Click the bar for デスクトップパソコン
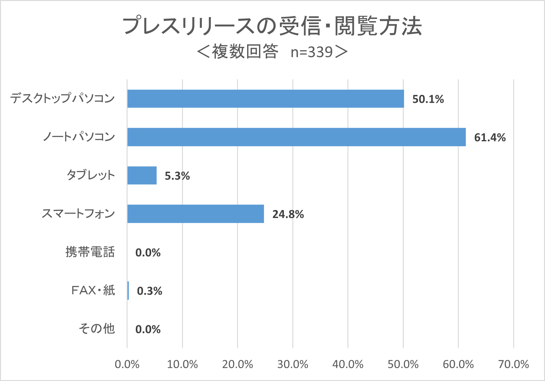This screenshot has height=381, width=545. [265, 99]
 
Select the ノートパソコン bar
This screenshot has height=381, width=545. [296, 137]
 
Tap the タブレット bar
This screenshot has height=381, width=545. [142, 176]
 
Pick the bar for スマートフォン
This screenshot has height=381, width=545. [195, 214]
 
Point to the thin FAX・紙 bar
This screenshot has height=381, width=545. [128, 290]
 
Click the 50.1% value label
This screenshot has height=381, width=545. [428, 99]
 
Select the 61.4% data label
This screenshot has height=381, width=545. [490, 138]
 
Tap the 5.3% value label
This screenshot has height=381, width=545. [177, 176]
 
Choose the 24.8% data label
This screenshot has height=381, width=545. [288, 214]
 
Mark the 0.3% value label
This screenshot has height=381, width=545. [149, 291]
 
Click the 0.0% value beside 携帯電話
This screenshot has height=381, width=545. [148, 253]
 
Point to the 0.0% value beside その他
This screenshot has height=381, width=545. [148, 329]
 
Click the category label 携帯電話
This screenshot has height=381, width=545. [90, 252]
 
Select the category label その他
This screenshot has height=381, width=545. [97, 329]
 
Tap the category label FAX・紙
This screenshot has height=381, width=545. [93, 290]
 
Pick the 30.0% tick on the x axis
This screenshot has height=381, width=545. [293, 364]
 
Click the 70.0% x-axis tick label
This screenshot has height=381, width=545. [513, 364]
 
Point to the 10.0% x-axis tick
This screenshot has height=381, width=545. [182, 364]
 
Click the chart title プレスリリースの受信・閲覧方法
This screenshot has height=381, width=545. [272, 26]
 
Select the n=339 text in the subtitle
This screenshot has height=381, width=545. [312, 52]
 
